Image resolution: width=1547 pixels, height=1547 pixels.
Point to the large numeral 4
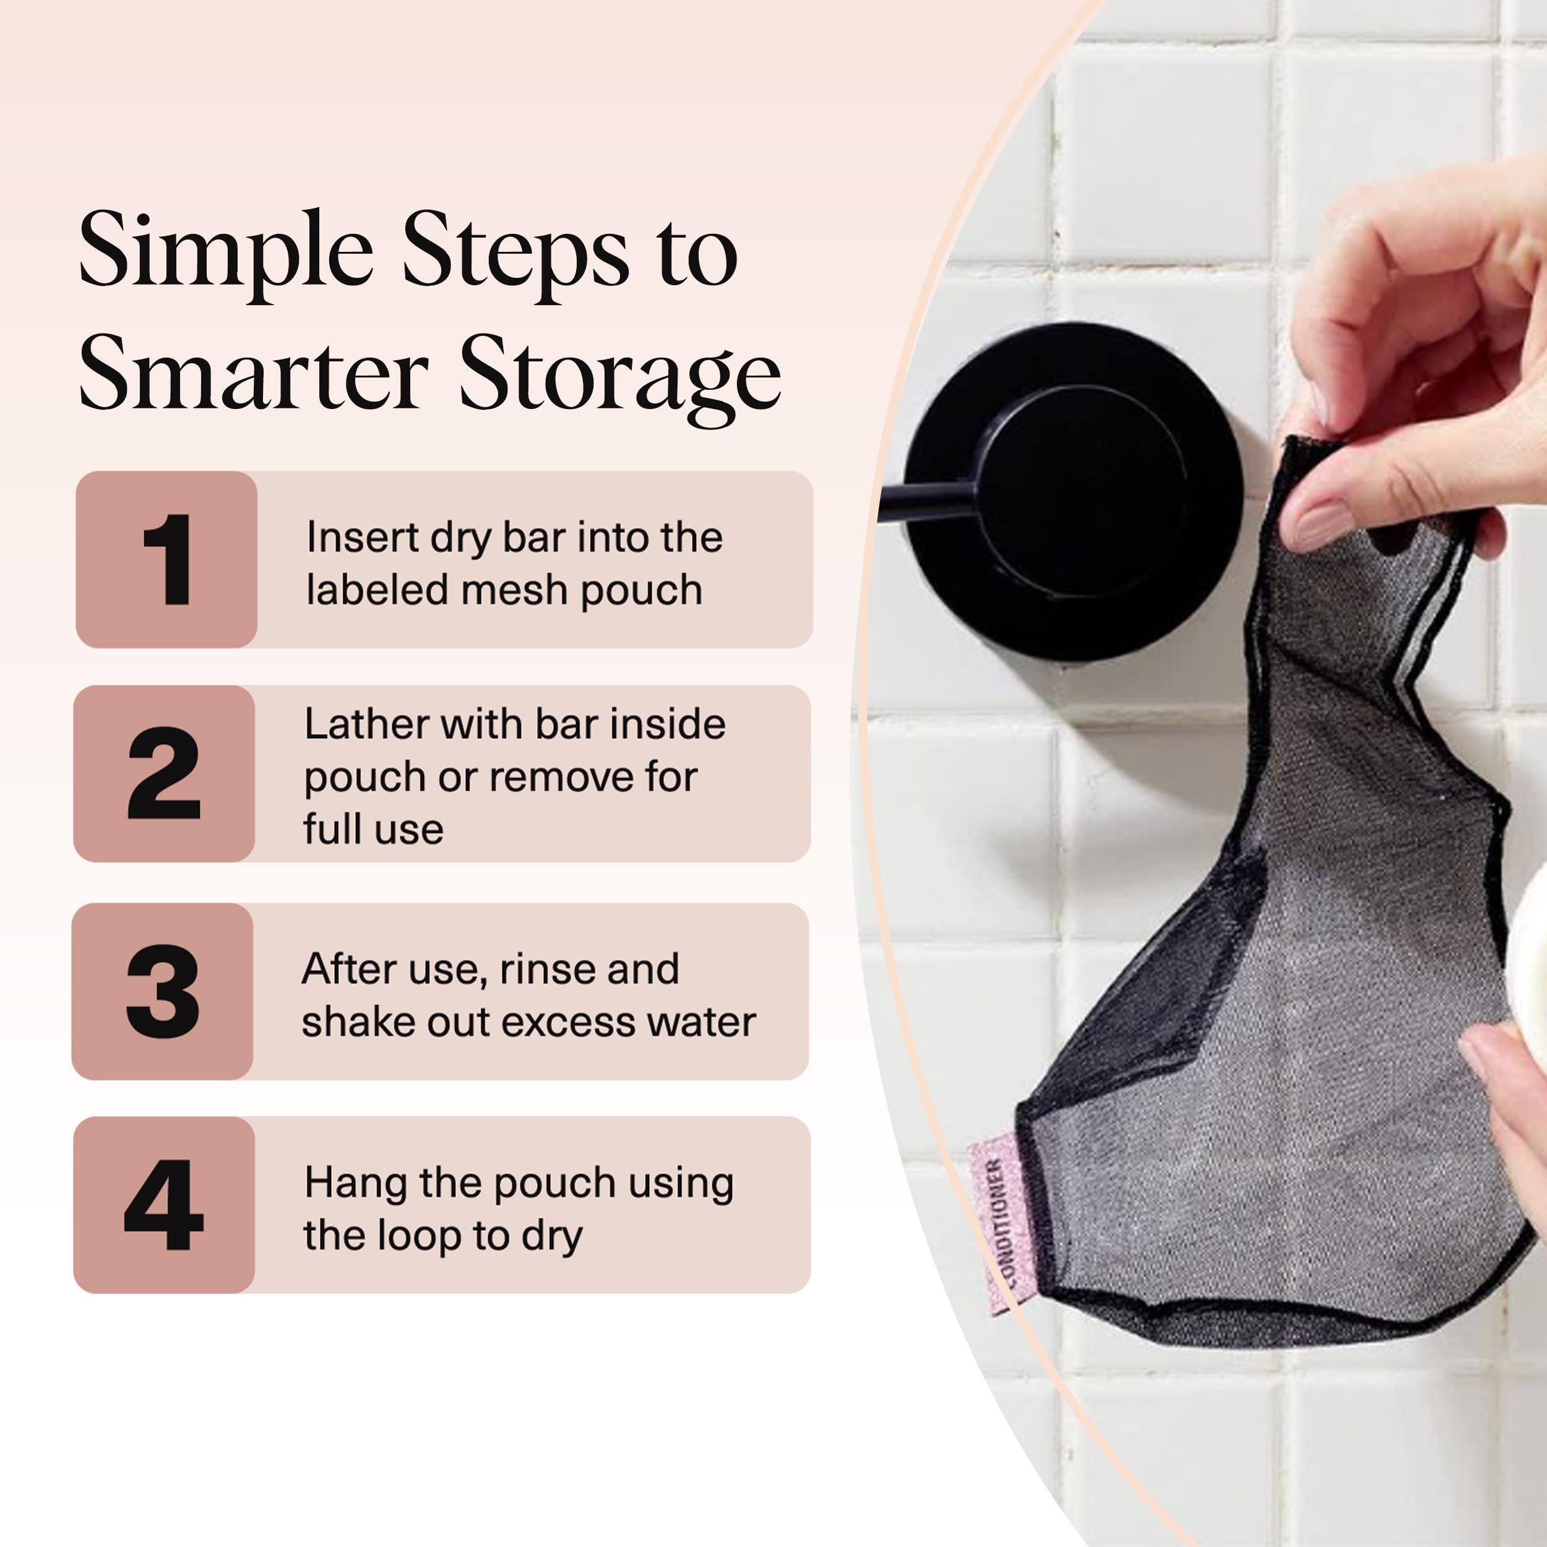pyautogui.click(x=163, y=1205)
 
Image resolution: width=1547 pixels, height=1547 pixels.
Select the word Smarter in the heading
pyautogui.click(x=254, y=373)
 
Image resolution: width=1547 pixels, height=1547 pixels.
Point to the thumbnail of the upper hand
pyautogui.click(x=1321, y=525)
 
